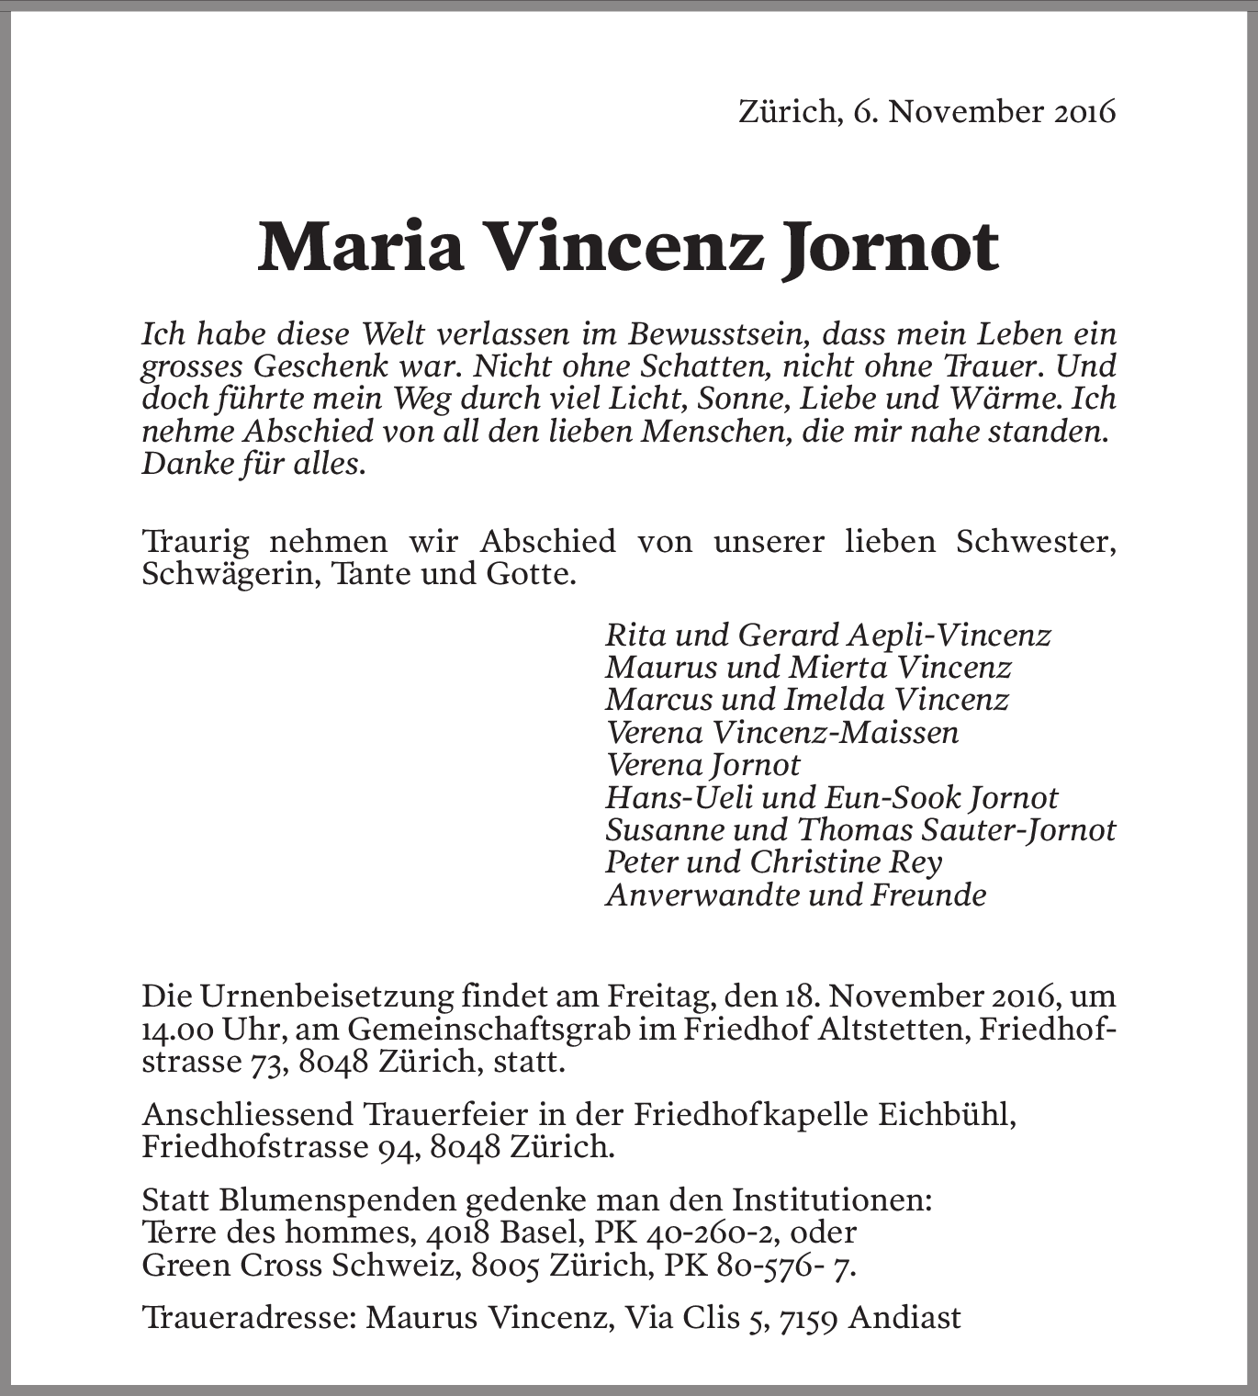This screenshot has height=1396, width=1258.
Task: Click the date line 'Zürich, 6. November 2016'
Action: (x=927, y=112)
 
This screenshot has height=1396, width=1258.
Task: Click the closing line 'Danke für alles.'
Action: (x=253, y=464)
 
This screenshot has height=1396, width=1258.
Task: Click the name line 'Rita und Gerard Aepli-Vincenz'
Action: (x=827, y=635)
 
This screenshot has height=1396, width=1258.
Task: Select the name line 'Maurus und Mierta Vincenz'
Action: (x=808, y=668)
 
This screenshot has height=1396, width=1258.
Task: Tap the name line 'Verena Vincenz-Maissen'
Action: (x=781, y=733)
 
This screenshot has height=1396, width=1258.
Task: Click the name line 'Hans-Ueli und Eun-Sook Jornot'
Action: (x=831, y=797)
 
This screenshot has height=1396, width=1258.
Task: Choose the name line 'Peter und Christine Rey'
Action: (x=773, y=862)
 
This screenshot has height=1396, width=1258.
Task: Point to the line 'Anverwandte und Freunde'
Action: (x=795, y=895)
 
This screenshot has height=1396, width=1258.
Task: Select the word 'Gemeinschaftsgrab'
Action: (x=489, y=1029)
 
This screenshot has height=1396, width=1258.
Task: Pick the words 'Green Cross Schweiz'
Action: (x=298, y=1266)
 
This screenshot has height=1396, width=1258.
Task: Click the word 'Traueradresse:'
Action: (x=247, y=1318)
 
